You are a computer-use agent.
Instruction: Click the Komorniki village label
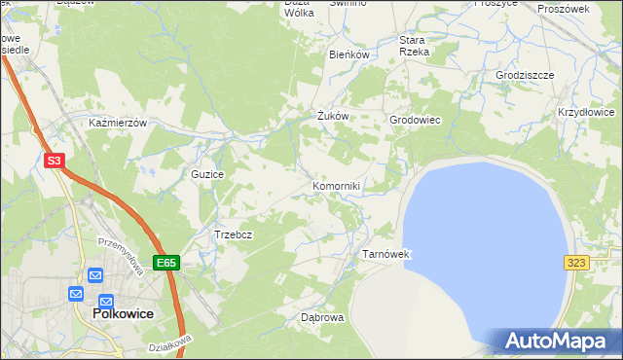coord(337,185)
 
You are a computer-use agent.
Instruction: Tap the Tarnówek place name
coord(387,254)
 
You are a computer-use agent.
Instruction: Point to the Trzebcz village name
coord(234,234)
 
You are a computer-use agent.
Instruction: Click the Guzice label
coord(207,174)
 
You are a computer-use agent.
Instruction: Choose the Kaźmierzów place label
coord(117,124)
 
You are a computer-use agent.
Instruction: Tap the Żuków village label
coord(333,116)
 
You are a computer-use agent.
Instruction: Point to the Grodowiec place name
coord(416,120)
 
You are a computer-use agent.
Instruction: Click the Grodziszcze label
coord(525,75)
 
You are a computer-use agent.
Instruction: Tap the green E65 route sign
coord(166,263)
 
